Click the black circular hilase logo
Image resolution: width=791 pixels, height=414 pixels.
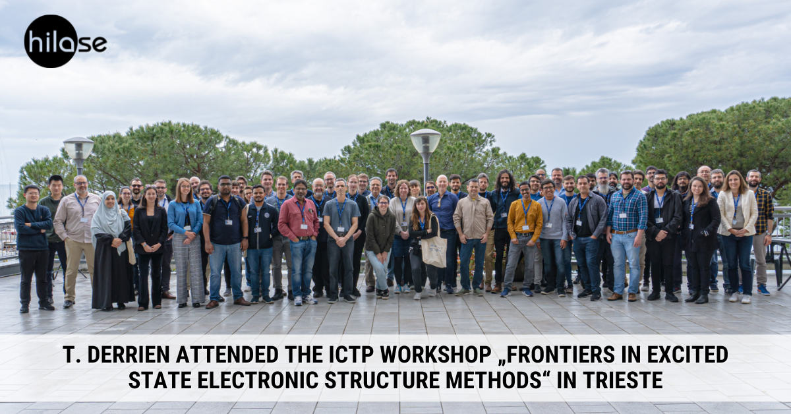[x=51, y=42]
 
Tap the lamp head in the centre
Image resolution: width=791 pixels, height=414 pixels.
[x=426, y=141]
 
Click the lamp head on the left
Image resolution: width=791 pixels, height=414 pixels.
[x=78, y=148]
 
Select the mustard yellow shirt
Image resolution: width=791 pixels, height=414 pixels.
[x=525, y=220]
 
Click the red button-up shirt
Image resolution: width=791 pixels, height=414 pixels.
[x=299, y=218]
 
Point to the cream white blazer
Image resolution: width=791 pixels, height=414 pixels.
[x=738, y=213]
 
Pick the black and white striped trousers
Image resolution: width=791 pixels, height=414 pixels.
[x=189, y=269]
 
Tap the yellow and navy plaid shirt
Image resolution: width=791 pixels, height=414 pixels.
[x=764, y=211]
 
